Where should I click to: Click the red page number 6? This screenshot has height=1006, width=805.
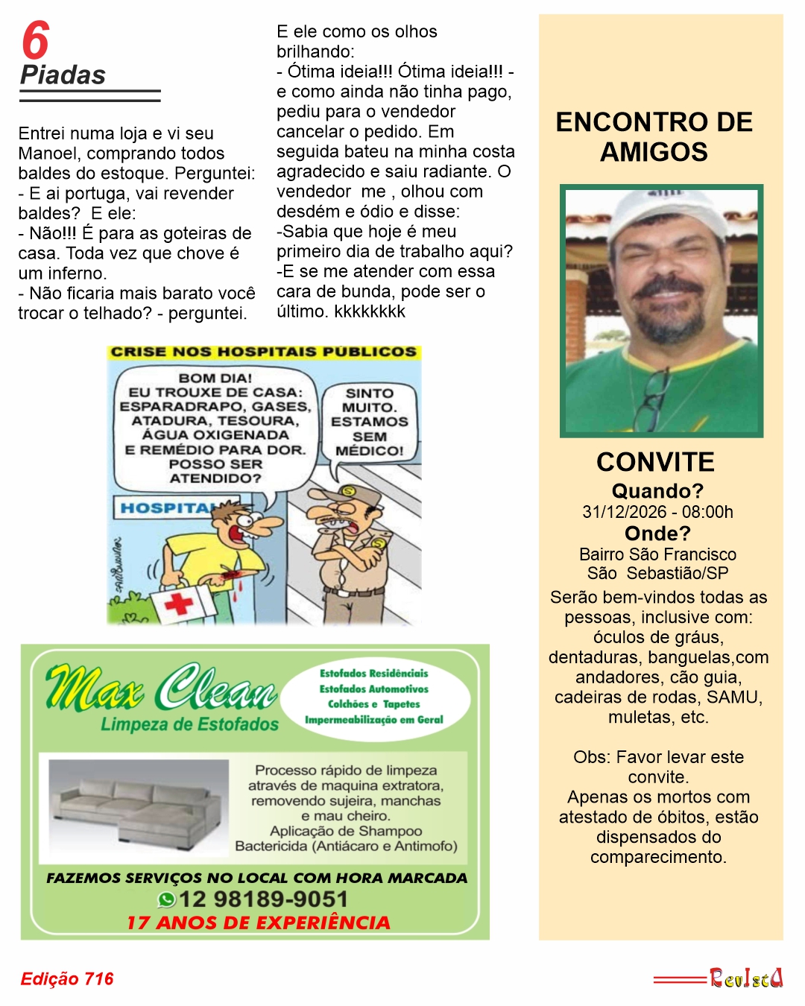pos(35,40)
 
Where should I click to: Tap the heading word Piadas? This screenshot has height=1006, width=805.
pos(63,75)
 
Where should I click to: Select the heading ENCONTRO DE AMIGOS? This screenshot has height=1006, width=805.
pos(654,137)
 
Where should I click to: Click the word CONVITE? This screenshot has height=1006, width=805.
pos(655,462)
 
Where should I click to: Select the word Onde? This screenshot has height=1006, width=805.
pos(657,534)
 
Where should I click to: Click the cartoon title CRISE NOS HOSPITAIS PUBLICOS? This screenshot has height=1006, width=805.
pos(263,352)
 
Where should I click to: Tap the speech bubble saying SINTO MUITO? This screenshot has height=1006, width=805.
pos(370,422)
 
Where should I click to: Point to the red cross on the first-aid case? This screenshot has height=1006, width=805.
pos(179,604)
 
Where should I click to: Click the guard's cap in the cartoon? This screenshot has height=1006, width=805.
pos(353,495)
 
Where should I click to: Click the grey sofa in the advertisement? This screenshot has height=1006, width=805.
pos(138,806)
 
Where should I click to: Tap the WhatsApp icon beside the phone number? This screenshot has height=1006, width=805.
pos(166,899)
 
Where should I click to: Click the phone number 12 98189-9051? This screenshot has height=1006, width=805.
pos(263,899)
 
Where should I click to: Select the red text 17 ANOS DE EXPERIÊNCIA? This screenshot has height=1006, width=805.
pos(258,923)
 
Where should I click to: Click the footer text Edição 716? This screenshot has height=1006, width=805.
pos(67,978)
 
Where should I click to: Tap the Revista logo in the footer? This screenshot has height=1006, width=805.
pos(745,978)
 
